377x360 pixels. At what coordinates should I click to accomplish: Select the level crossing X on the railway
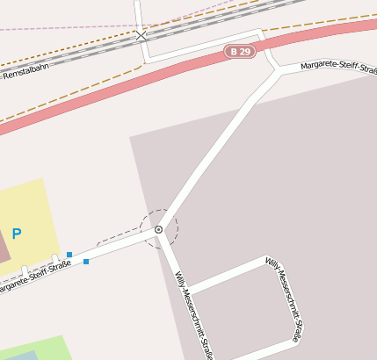(x=141, y=36)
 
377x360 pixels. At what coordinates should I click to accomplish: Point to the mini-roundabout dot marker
(x=158, y=230)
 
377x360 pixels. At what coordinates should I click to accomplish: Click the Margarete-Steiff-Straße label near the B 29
(x=338, y=66)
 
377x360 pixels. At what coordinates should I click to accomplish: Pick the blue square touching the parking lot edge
(x=69, y=255)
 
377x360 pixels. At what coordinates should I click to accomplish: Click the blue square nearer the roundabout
(x=85, y=262)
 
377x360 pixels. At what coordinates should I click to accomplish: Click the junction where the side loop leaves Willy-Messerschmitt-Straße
(x=186, y=291)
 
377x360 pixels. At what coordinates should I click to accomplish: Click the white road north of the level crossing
(x=138, y=13)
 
